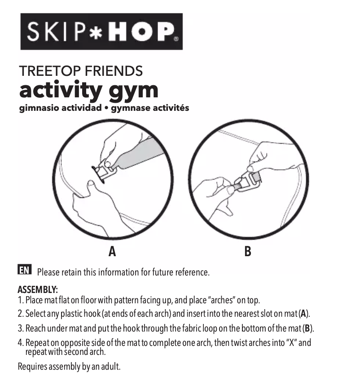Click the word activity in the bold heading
click(x=60, y=90)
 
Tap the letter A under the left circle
click(x=112, y=252)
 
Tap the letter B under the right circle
click(x=247, y=252)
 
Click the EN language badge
click(x=24, y=270)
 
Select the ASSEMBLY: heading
click(x=38, y=290)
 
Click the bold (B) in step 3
click(x=307, y=328)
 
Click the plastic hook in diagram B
click(x=247, y=181)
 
